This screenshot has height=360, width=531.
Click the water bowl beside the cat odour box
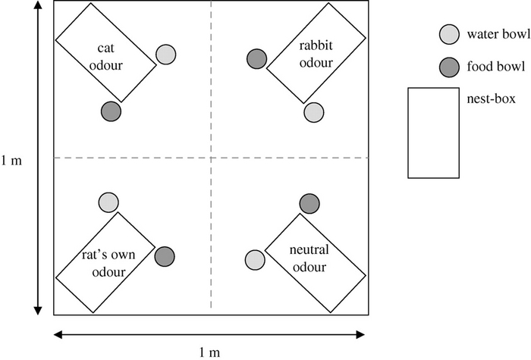pos(166,55)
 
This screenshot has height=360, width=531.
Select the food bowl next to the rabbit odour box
pos(257,58)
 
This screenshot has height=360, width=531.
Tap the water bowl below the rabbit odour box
pos(314,112)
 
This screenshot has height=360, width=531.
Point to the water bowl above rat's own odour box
pos(109,202)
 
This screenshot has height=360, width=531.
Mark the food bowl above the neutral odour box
pos(309,203)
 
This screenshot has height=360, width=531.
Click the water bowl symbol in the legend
pos(449,35)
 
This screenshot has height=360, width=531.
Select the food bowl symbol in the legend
pos(449,66)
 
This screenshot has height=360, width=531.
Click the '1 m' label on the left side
pos(13,161)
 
